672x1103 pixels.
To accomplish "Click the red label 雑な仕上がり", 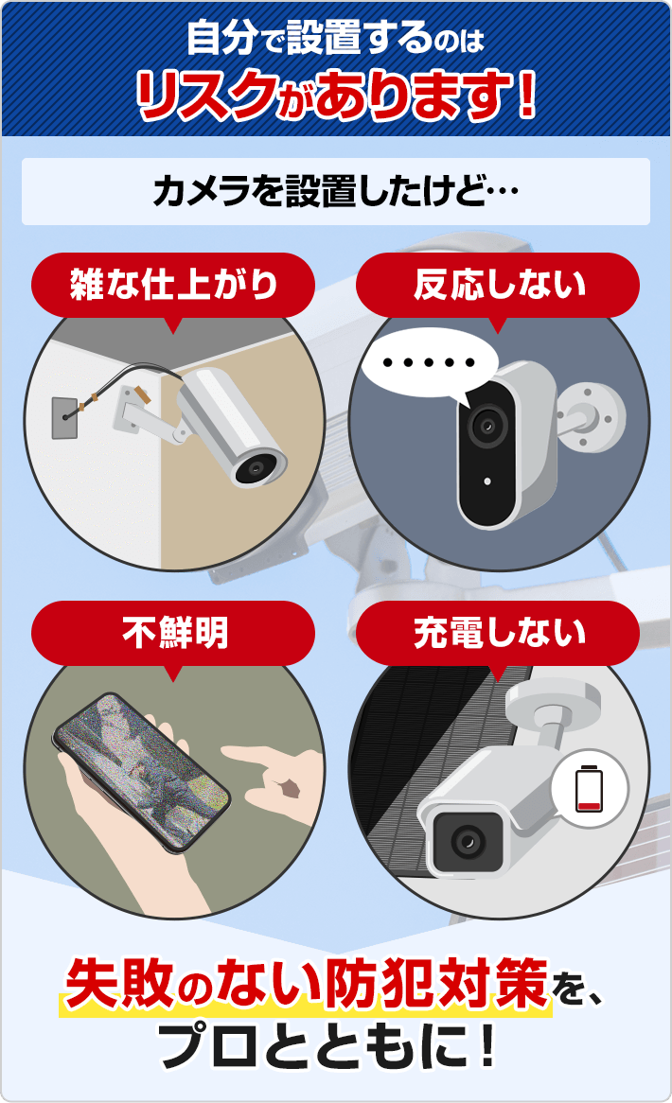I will (173, 285).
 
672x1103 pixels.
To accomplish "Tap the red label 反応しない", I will (499, 285).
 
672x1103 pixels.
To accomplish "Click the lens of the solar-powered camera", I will (463, 839).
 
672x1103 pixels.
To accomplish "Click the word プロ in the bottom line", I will (203, 1046).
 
